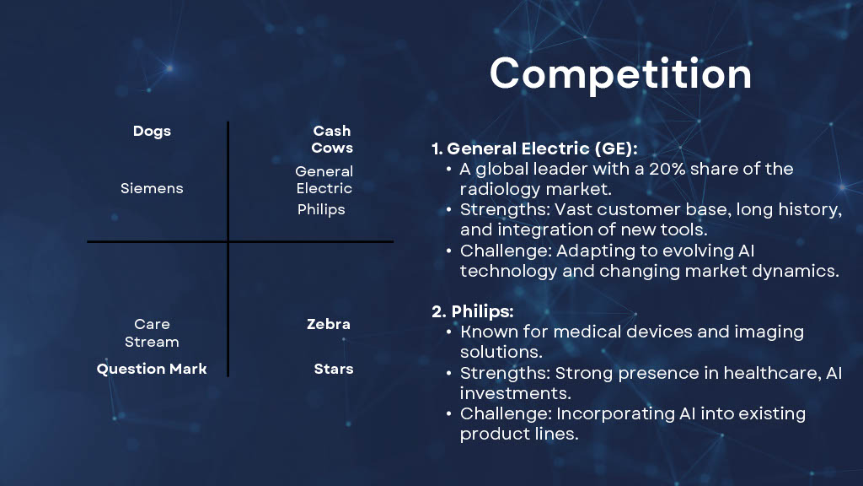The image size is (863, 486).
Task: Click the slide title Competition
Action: [x=620, y=74]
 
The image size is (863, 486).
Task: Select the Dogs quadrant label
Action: [x=152, y=131]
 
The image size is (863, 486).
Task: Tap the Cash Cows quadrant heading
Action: [x=332, y=139]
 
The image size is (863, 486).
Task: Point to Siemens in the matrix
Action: [x=152, y=188]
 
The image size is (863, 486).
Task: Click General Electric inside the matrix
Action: [x=324, y=180]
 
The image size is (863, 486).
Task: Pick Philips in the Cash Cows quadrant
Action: [x=321, y=209]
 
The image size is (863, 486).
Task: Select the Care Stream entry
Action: [x=152, y=332]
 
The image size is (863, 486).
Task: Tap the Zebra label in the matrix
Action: [x=329, y=324]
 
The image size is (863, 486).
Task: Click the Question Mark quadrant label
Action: [x=152, y=369]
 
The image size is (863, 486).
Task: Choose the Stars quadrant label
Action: [x=334, y=369]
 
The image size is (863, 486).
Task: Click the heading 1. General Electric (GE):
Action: [x=534, y=148]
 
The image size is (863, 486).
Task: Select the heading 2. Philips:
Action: [x=473, y=311]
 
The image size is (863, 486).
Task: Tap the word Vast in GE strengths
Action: [x=571, y=209]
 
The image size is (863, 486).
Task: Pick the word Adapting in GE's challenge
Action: [x=596, y=251]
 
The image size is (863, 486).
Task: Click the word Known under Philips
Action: [x=490, y=332]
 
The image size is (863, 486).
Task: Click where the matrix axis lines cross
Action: [x=228, y=241]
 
